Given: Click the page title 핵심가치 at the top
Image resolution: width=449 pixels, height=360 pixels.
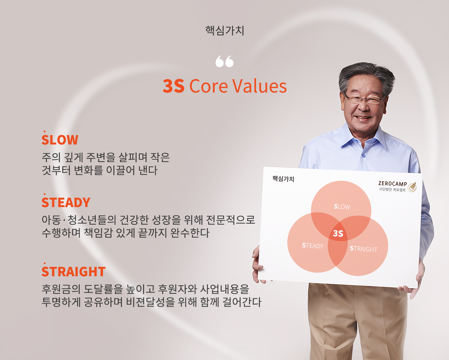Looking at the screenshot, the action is click(x=224, y=31).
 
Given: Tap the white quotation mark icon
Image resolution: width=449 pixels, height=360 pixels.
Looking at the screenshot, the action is click(x=224, y=61).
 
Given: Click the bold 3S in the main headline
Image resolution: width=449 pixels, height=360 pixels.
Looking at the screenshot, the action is click(x=173, y=86).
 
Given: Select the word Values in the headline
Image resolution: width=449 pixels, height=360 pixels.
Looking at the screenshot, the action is click(x=260, y=86).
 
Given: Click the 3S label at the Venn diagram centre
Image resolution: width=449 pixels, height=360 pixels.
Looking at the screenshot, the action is click(x=338, y=233).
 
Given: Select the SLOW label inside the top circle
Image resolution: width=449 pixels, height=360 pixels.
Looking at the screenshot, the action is click(x=342, y=207).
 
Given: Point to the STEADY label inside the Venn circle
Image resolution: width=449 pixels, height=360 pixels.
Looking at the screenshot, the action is click(x=313, y=246).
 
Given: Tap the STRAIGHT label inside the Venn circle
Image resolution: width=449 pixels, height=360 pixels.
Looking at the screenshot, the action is click(x=364, y=249).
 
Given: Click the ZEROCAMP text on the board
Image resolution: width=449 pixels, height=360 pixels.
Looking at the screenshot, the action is click(x=393, y=184).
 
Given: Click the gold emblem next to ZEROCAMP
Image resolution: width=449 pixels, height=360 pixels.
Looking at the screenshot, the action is click(x=412, y=187).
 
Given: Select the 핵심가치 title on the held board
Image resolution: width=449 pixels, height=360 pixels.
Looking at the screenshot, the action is click(x=283, y=179).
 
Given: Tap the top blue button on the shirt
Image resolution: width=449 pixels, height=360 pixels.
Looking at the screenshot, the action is click(x=364, y=155).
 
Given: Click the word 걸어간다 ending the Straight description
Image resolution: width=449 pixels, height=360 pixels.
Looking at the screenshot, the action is click(x=242, y=302).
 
